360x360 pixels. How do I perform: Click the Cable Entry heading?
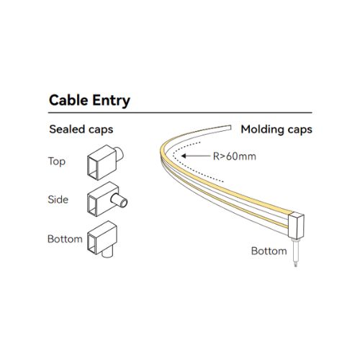[x=89, y=100]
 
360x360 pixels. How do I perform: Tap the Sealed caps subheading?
[x=81, y=130]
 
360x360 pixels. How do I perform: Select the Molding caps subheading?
[x=276, y=130]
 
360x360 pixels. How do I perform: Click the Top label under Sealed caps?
[x=57, y=161]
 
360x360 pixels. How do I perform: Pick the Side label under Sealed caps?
[x=58, y=199]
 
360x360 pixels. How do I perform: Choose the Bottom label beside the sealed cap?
[x=65, y=239]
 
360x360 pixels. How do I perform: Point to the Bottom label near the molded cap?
[x=269, y=251]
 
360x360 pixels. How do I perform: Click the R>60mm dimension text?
[x=235, y=156]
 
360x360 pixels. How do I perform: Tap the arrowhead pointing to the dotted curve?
[x=184, y=156]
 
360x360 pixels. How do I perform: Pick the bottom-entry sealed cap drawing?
[x=102, y=238]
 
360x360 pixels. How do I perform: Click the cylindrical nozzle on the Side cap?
[x=120, y=201]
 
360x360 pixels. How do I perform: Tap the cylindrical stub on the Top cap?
[x=120, y=154]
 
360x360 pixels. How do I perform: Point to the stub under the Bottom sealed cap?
[x=107, y=253]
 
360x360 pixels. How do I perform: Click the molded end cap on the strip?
[x=296, y=225]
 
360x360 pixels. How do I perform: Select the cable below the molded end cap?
[x=295, y=253]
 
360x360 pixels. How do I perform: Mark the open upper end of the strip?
[x=230, y=127]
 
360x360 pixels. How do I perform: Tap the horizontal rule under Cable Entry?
[x=180, y=112]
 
